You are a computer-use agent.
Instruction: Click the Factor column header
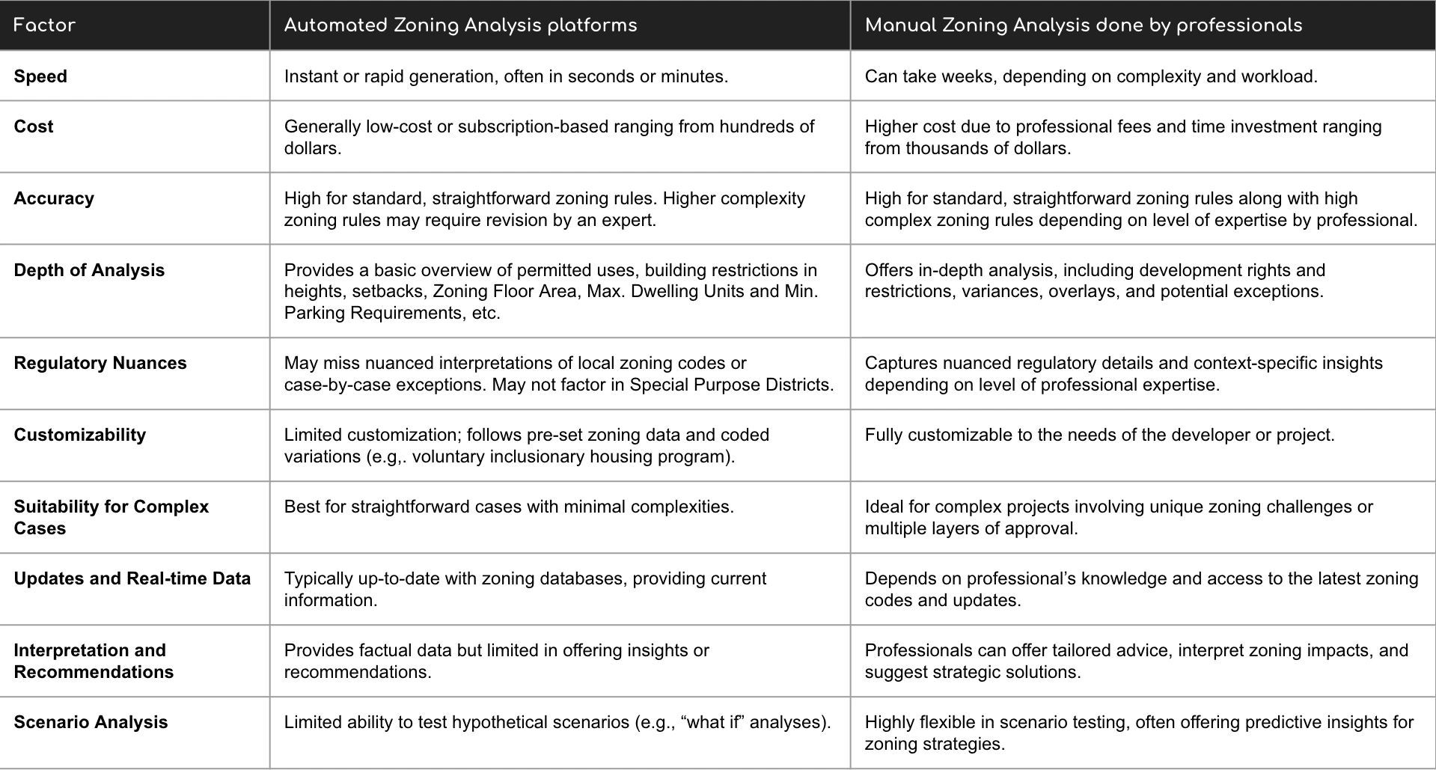(45, 25)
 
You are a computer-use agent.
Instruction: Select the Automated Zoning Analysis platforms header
(460, 25)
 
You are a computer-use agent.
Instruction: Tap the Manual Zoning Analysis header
(1083, 25)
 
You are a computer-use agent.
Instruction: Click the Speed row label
(40, 76)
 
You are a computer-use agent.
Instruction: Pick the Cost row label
(34, 126)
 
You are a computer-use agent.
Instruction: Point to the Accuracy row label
(54, 198)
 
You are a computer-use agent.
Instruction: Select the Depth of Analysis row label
(89, 270)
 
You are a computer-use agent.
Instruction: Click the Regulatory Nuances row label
(100, 363)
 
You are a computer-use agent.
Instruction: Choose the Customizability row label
(80, 435)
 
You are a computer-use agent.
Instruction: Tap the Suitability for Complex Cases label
(111, 517)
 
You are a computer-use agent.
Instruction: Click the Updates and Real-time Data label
(132, 578)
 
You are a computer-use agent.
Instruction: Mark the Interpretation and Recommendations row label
(94, 661)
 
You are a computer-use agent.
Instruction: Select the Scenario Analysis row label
(91, 722)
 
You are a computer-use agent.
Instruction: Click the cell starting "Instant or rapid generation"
(506, 76)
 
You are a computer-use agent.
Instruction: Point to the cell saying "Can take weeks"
(1090, 76)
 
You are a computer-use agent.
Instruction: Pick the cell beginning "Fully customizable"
(1099, 435)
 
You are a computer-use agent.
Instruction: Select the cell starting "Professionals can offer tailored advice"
(1136, 661)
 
